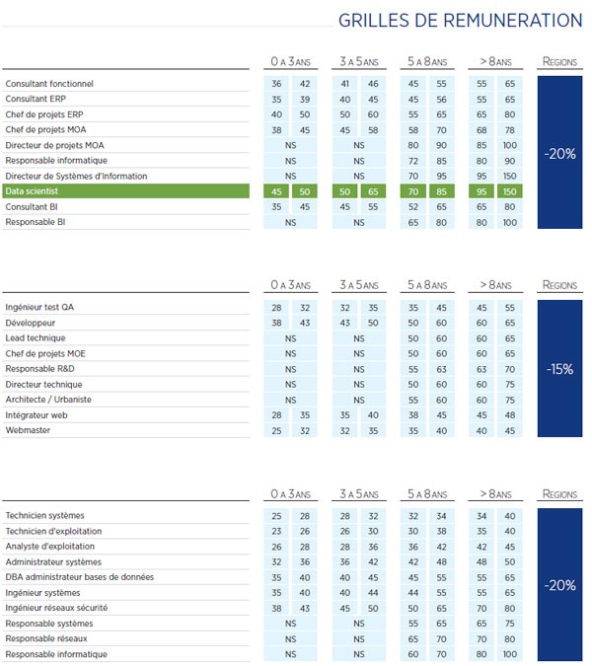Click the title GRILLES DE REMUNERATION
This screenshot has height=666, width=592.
click(460, 21)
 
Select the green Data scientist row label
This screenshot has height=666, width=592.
click(32, 191)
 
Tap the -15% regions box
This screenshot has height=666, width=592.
click(559, 369)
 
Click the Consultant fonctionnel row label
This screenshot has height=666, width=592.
click(49, 84)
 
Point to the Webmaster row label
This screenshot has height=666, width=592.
click(29, 430)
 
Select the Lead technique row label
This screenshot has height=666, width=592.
click(36, 337)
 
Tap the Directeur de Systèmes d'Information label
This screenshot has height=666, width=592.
click(76, 176)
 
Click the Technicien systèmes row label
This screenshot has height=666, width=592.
click(44, 515)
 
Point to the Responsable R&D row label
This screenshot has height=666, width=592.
click(41, 369)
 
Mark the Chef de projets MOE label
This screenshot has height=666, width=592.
click(45, 353)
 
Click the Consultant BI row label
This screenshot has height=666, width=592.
click(34, 206)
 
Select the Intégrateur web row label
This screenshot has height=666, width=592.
click(38, 415)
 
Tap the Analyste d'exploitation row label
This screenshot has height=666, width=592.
click(50, 546)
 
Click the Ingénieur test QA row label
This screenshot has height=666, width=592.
click(39, 307)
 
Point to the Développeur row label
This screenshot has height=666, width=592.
click(31, 323)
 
